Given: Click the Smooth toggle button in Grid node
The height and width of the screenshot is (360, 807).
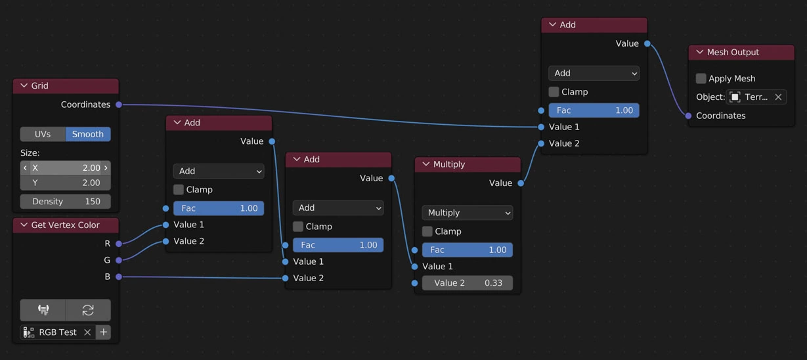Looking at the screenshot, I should (x=88, y=134).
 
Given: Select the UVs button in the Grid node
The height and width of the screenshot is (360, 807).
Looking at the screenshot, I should (x=43, y=134).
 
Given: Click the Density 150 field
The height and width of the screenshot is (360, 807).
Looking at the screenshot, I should (x=66, y=202).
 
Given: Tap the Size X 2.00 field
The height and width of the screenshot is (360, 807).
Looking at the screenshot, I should (x=66, y=168).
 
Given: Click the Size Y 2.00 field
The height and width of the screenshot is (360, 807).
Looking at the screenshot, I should (x=66, y=183).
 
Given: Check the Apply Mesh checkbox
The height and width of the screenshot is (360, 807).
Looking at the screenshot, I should (x=701, y=79).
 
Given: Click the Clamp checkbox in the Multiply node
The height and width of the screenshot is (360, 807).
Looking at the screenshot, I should (x=427, y=231).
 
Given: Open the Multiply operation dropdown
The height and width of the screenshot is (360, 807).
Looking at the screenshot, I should (x=467, y=213).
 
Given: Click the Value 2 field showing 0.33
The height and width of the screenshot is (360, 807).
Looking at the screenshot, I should (x=467, y=283).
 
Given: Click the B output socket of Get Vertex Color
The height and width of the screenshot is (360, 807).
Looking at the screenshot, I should (x=119, y=277).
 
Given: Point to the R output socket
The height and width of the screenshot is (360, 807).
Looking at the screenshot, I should (x=119, y=244).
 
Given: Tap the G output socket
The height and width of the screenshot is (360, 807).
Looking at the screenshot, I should (x=119, y=260).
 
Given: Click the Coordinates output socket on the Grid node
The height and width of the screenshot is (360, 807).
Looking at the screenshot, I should (x=119, y=104).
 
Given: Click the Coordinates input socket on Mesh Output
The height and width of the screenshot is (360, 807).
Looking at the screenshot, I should (x=688, y=116).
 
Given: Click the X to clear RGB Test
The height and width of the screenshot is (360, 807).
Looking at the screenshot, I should (x=87, y=332).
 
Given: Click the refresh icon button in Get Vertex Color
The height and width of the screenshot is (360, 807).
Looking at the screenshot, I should (x=88, y=310).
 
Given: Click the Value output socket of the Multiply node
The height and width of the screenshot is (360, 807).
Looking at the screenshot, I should (x=521, y=183).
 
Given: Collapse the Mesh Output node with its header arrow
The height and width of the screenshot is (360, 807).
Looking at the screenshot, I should (x=699, y=53).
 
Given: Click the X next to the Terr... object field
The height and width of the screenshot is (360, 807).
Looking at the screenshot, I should (x=778, y=97).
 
